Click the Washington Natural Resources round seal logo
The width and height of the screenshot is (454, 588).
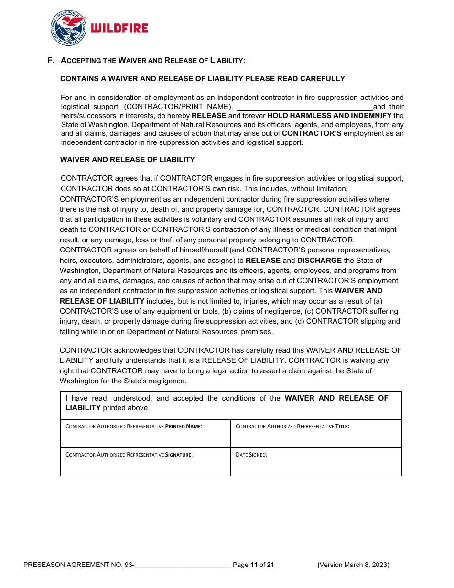click(68, 28)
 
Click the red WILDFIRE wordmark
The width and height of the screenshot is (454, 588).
click(119, 29)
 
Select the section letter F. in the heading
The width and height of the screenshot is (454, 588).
click(51, 61)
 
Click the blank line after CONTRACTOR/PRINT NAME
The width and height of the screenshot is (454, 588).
click(304, 107)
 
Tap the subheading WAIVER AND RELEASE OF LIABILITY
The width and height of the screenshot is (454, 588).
click(127, 160)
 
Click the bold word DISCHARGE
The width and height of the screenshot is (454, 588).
click(319, 261)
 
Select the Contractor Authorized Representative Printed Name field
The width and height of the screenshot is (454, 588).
click(145, 436)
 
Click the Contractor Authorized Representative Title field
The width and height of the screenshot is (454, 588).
click(316, 436)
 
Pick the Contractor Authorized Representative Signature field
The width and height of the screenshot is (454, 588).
click(145, 465)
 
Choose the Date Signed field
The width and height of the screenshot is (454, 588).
click(316, 465)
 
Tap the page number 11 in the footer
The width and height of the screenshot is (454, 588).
click(254, 565)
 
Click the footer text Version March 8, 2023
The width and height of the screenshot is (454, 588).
click(354, 565)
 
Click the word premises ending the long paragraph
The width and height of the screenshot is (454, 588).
click(257, 332)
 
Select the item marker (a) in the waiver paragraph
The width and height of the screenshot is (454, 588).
click(378, 301)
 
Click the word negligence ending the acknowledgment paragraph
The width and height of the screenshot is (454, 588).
click(168, 381)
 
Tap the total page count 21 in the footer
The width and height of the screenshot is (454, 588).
click(270, 565)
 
